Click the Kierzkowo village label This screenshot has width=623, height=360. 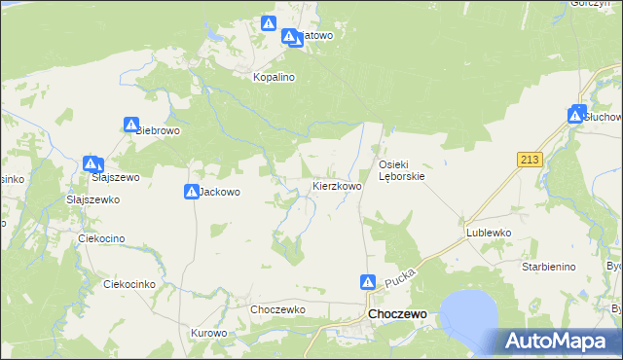[337, 185]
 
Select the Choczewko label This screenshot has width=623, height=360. [278, 309]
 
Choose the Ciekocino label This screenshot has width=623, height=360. [105, 237]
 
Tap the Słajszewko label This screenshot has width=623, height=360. [92, 198]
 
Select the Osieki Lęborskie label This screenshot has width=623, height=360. [402, 170]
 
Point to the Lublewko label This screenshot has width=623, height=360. [489, 234]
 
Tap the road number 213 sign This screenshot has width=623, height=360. [530, 160]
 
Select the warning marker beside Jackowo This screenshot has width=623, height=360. [191, 192]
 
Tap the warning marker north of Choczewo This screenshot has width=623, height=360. [368, 282]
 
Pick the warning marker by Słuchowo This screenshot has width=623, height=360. [577, 115]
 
